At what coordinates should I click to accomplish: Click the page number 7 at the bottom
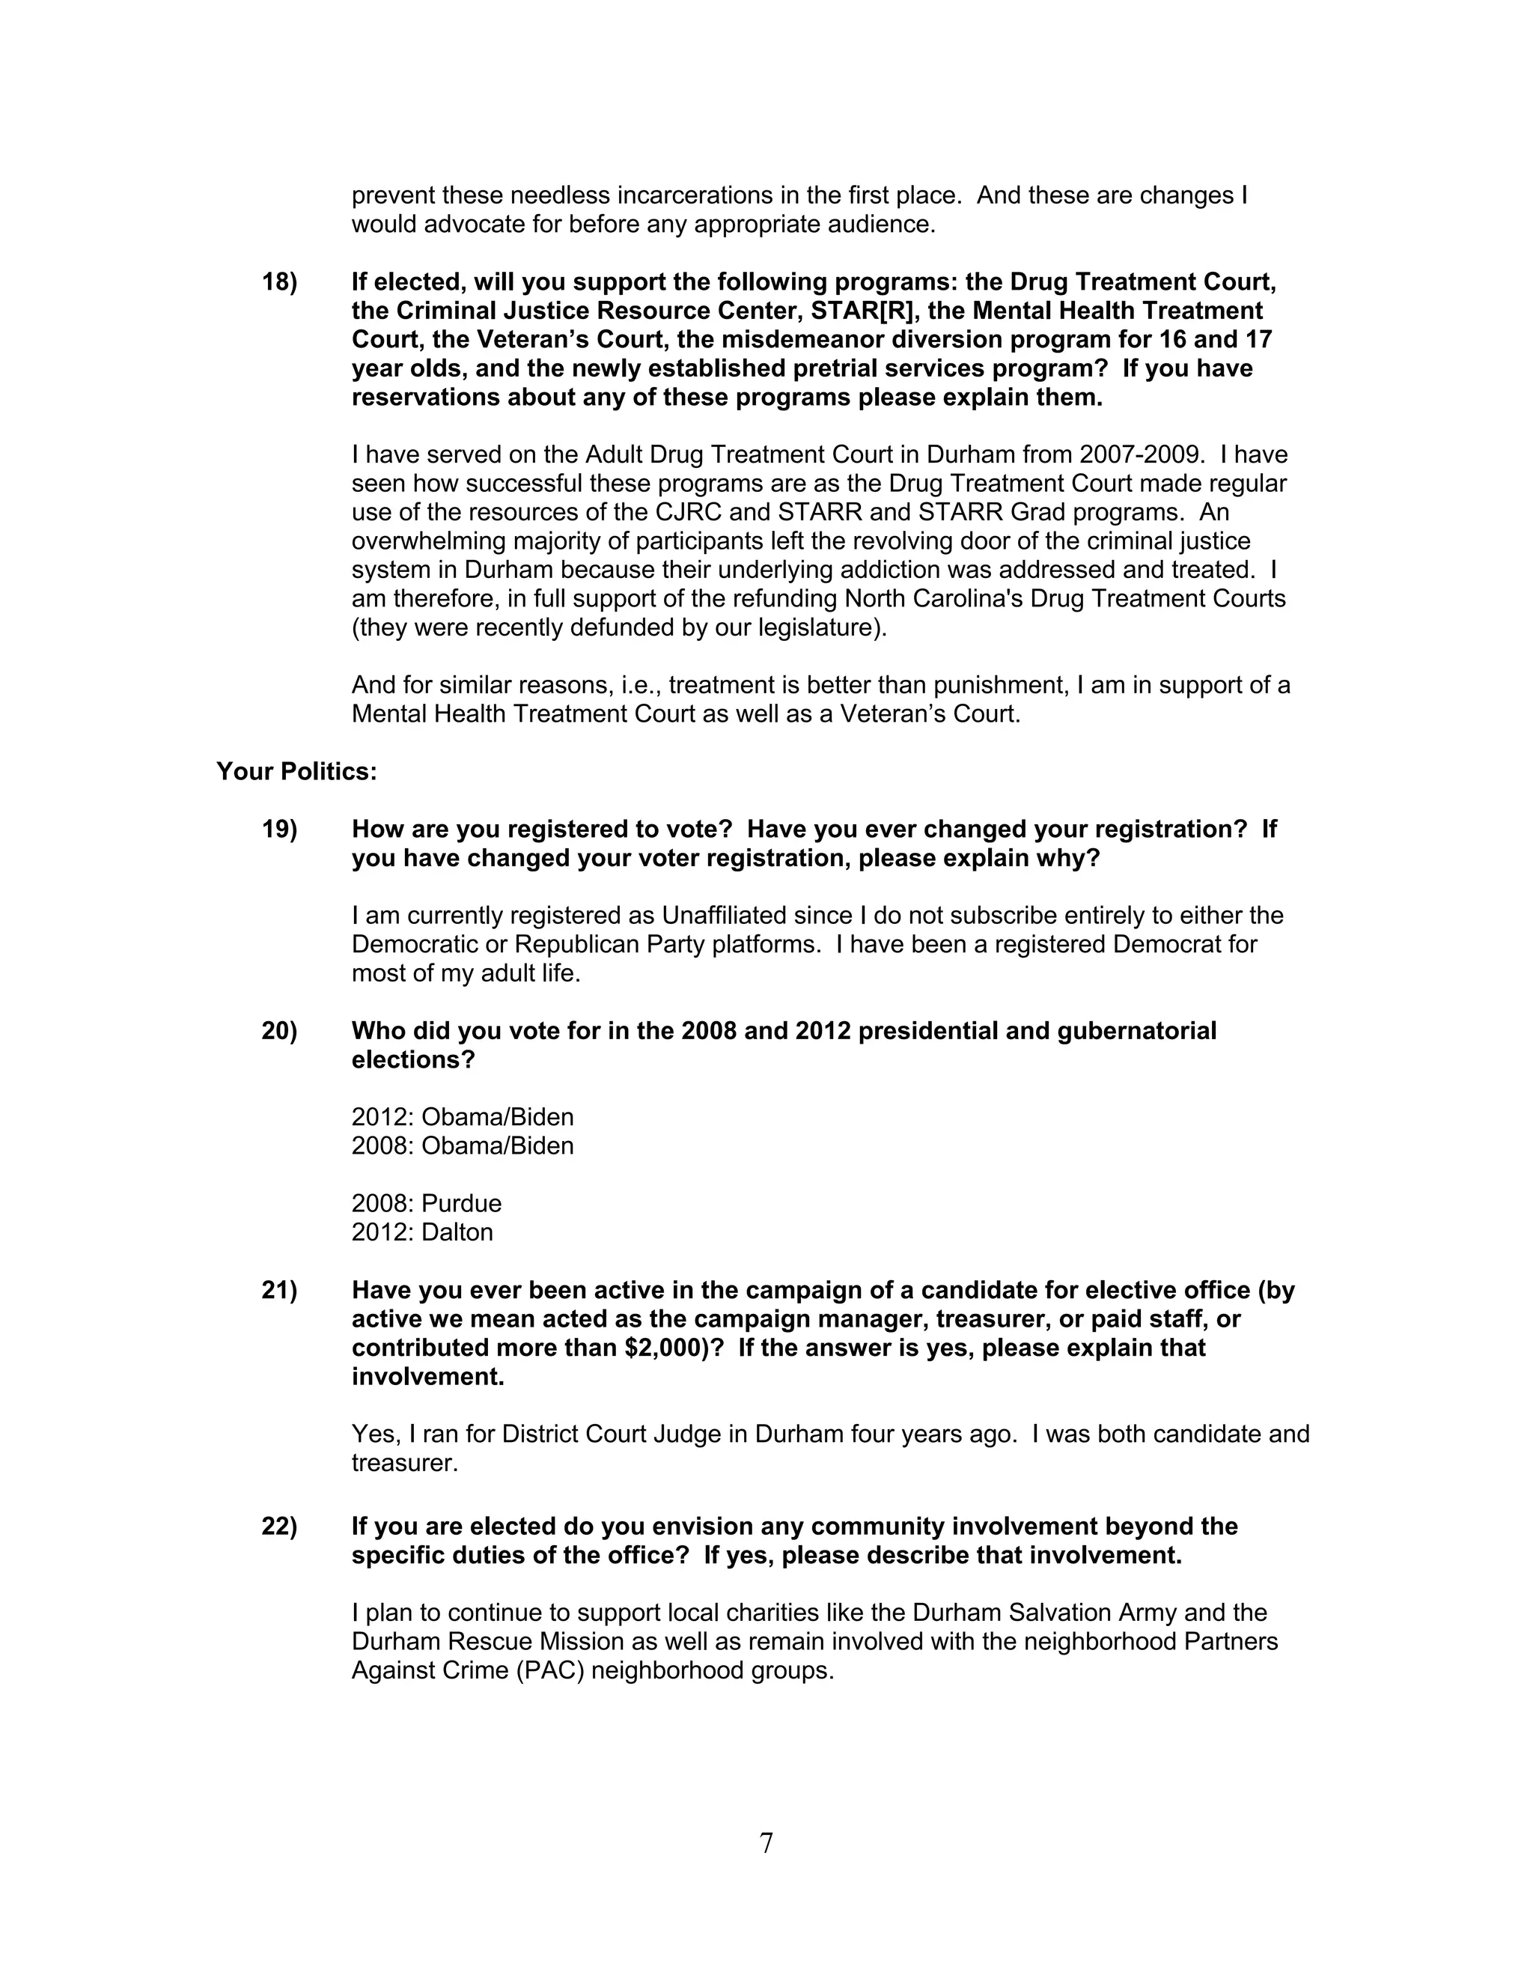coord(766,1843)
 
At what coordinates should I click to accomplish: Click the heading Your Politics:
coord(296,771)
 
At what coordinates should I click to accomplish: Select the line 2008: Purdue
coord(426,1204)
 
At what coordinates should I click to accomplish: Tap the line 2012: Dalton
coord(422,1233)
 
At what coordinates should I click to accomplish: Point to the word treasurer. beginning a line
coord(405,1464)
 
